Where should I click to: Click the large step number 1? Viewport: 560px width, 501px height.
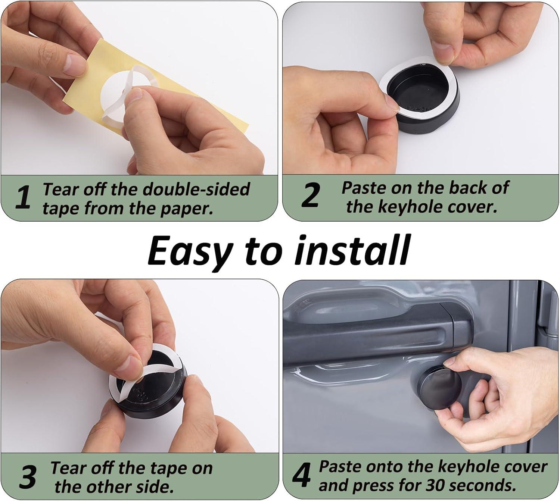coord(23,197)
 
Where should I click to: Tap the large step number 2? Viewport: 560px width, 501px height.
coord(310,195)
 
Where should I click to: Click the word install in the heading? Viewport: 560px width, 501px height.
coord(351,250)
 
